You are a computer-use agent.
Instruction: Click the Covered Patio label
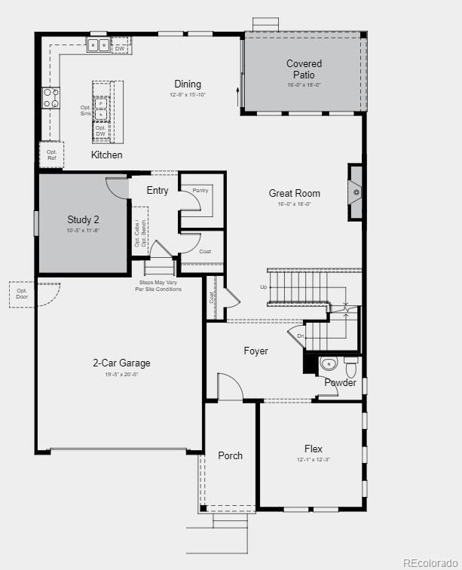click(x=304, y=69)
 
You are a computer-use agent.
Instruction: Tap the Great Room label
click(x=294, y=194)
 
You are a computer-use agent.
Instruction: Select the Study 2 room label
click(x=83, y=220)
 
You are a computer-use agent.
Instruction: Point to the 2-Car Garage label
click(x=121, y=363)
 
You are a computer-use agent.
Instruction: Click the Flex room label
click(x=313, y=449)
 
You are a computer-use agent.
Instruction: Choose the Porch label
click(x=230, y=455)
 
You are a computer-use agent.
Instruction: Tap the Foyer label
click(x=255, y=351)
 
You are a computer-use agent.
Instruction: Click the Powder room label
click(x=340, y=383)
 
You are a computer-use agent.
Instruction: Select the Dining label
click(x=188, y=84)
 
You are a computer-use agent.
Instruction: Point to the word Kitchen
click(x=106, y=155)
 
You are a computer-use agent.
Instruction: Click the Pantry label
click(x=200, y=191)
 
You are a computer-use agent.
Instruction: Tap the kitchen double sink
click(x=98, y=45)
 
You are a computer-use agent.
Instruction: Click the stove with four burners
click(x=50, y=98)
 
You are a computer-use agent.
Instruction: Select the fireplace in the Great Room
click(x=355, y=192)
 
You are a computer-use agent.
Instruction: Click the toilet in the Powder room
click(x=350, y=369)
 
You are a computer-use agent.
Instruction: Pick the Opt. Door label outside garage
click(x=22, y=294)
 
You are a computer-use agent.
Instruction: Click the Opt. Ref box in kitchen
click(x=51, y=155)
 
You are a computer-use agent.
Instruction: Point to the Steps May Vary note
click(x=158, y=286)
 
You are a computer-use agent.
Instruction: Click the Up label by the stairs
click(x=263, y=287)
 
